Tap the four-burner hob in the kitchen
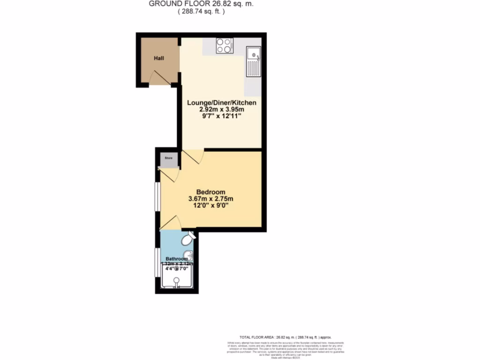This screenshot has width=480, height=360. (x=224, y=45)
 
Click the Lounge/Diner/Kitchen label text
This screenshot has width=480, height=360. (x=222, y=103)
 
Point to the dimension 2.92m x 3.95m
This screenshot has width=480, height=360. (x=222, y=110)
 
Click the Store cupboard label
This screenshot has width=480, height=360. (x=168, y=158)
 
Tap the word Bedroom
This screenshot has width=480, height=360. (x=210, y=192)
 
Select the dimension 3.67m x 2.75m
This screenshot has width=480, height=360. (x=210, y=199)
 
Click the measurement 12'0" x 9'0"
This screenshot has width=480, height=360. (x=210, y=206)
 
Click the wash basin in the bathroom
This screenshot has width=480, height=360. (x=188, y=256)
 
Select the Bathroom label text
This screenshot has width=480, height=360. (x=176, y=259)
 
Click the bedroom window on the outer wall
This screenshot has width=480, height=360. (x=157, y=197)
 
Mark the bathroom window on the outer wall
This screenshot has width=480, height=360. (x=157, y=262)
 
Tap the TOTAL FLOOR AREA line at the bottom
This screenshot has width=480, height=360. (x=285, y=337)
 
